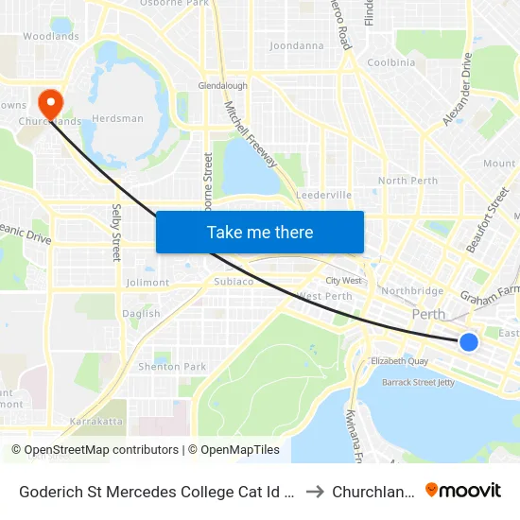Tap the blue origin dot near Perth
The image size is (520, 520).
point(468,341)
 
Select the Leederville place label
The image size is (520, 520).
point(323,195)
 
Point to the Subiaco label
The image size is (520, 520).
point(234,281)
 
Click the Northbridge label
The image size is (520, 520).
point(411,291)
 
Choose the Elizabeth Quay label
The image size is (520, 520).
point(401,360)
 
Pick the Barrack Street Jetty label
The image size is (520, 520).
point(418,383)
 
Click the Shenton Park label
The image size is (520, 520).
point(172,367)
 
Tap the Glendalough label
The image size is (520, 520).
point(222,85)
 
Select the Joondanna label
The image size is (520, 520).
point(296,45)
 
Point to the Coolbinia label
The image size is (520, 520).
point(390,63)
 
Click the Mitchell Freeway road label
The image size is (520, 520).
point(251,134)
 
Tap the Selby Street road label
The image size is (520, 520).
point(117,232)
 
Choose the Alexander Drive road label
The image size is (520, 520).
point(456,90)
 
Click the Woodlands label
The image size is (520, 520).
point(51,37)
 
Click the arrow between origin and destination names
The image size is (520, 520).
point(315,491)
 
